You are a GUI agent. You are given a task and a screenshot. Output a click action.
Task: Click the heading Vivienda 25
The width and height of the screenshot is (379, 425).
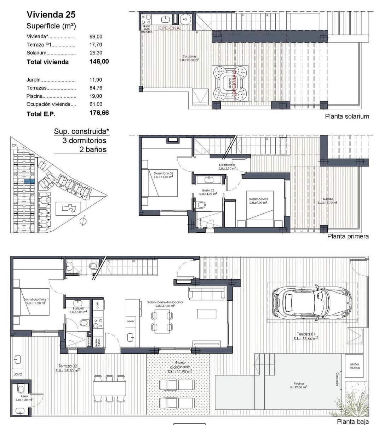click(51, 15)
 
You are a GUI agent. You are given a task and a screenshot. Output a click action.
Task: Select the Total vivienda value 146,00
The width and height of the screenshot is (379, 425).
click(99, 62)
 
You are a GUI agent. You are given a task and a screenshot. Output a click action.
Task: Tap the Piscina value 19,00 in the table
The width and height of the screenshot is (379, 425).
click(96, 96)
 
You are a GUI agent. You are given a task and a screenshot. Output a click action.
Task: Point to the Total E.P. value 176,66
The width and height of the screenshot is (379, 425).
click(99, 113)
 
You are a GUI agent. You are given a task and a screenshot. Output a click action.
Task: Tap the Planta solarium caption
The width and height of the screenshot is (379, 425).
click(347, 116)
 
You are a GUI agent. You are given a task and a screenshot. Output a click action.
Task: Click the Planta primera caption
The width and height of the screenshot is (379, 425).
click(348, 236)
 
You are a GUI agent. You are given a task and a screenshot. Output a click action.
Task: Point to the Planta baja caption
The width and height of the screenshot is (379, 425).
click(352, 421)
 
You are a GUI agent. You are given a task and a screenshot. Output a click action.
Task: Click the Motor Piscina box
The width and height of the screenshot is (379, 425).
click(354, 366)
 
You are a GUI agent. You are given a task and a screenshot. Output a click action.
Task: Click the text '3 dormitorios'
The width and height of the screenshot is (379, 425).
click(84, 140)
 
